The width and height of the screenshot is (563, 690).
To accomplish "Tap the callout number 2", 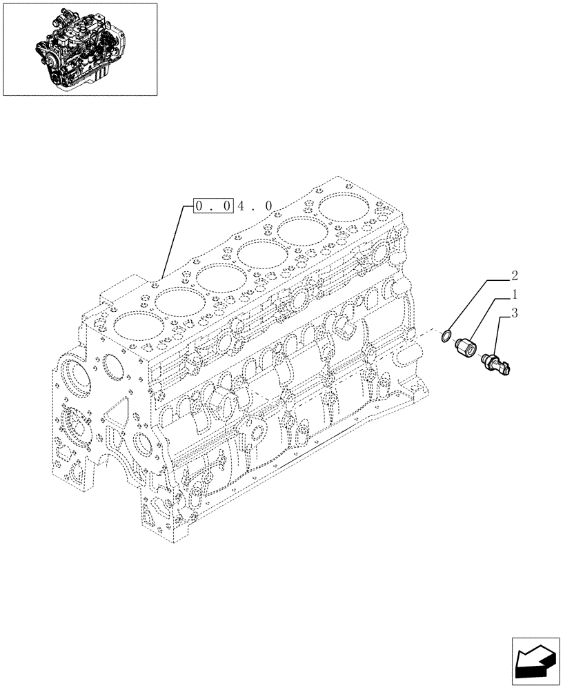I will click(x=513, y=276).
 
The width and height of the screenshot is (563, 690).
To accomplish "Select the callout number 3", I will click(x=513, y=314).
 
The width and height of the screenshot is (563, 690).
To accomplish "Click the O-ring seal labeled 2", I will click(x=448, y=337).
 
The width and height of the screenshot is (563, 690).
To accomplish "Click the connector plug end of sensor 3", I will click(x=508, y=371).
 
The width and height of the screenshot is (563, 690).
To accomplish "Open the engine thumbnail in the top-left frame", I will click(x=79, y=48).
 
